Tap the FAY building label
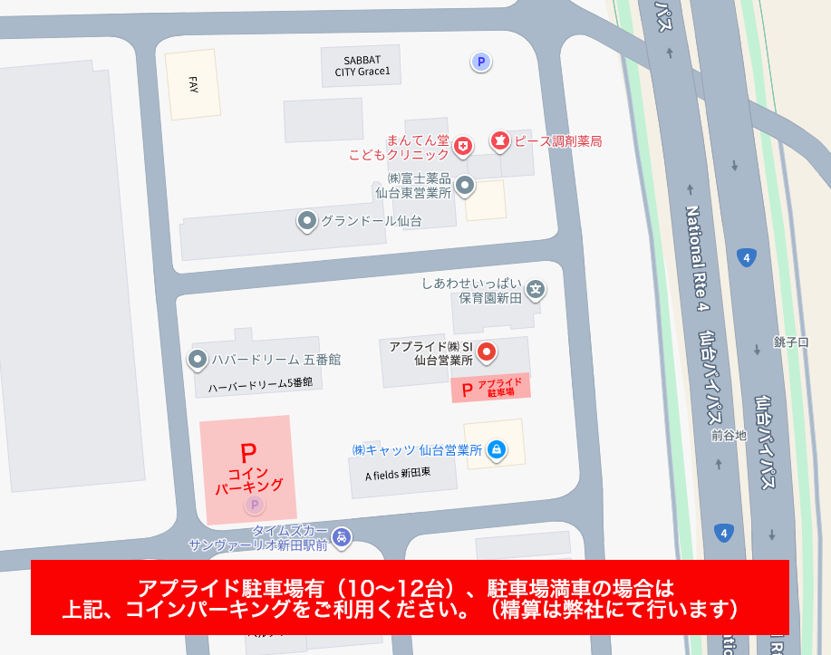click(x=193, y=84)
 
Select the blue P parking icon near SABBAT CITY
click(x=481, y=62)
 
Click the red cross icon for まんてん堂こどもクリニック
click(x=463, y=145)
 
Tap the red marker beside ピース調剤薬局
click(x=499, y=140)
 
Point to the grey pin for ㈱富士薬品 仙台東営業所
click(x=465, y=186)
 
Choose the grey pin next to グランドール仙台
click(x=307, y=220)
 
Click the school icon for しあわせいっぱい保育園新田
click(x=536, y=290)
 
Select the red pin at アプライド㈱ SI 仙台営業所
click(x=487, y=352)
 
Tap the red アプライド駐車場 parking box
click(x=490, y=388)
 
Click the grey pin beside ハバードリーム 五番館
click(x=198, y=360)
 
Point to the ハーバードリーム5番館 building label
click(x=260, y=383)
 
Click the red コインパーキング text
click(x=248, y=479)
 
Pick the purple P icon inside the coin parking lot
click(x=255, y=505)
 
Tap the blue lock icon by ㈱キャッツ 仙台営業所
click(x=496, y=449)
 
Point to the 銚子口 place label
click(x=790, y=342)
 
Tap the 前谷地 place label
click(x=729, y=436)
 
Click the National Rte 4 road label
click(x=696, y=258)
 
